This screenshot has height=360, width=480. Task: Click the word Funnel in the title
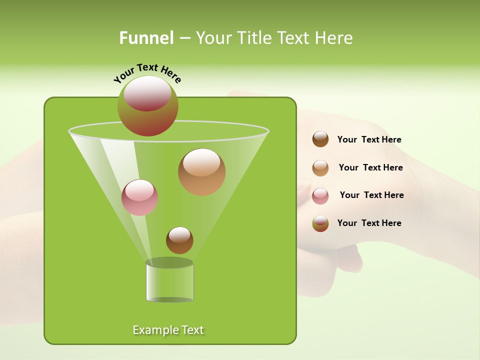[x=146, y=38]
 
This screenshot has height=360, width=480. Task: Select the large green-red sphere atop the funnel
[x=147, y=106]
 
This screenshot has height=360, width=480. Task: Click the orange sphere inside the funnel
[x=201, y=172]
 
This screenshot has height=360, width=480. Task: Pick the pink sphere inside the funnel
[x=139, y=197]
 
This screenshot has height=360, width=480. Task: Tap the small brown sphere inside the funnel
[x=179, y=240]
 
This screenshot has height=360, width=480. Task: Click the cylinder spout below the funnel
[x=169, y=282]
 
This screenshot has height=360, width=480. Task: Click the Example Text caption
[x=168, y=330]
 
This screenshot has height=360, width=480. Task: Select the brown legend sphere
[x=320, y=139]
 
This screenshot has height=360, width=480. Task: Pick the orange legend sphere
[x=320, y=167]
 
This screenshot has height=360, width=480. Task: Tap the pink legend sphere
[x=320, y=195]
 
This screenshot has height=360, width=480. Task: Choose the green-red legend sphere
[x=320, y=223]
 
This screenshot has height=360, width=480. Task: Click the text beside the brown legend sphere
[x=369, y=139]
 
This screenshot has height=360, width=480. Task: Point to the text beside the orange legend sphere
[x=370, y=167]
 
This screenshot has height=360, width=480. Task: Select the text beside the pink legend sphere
[x=371, y=195]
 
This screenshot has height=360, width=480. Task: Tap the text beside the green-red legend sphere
[x=369, y=223]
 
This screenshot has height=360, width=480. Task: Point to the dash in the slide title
[x=184, y=38]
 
